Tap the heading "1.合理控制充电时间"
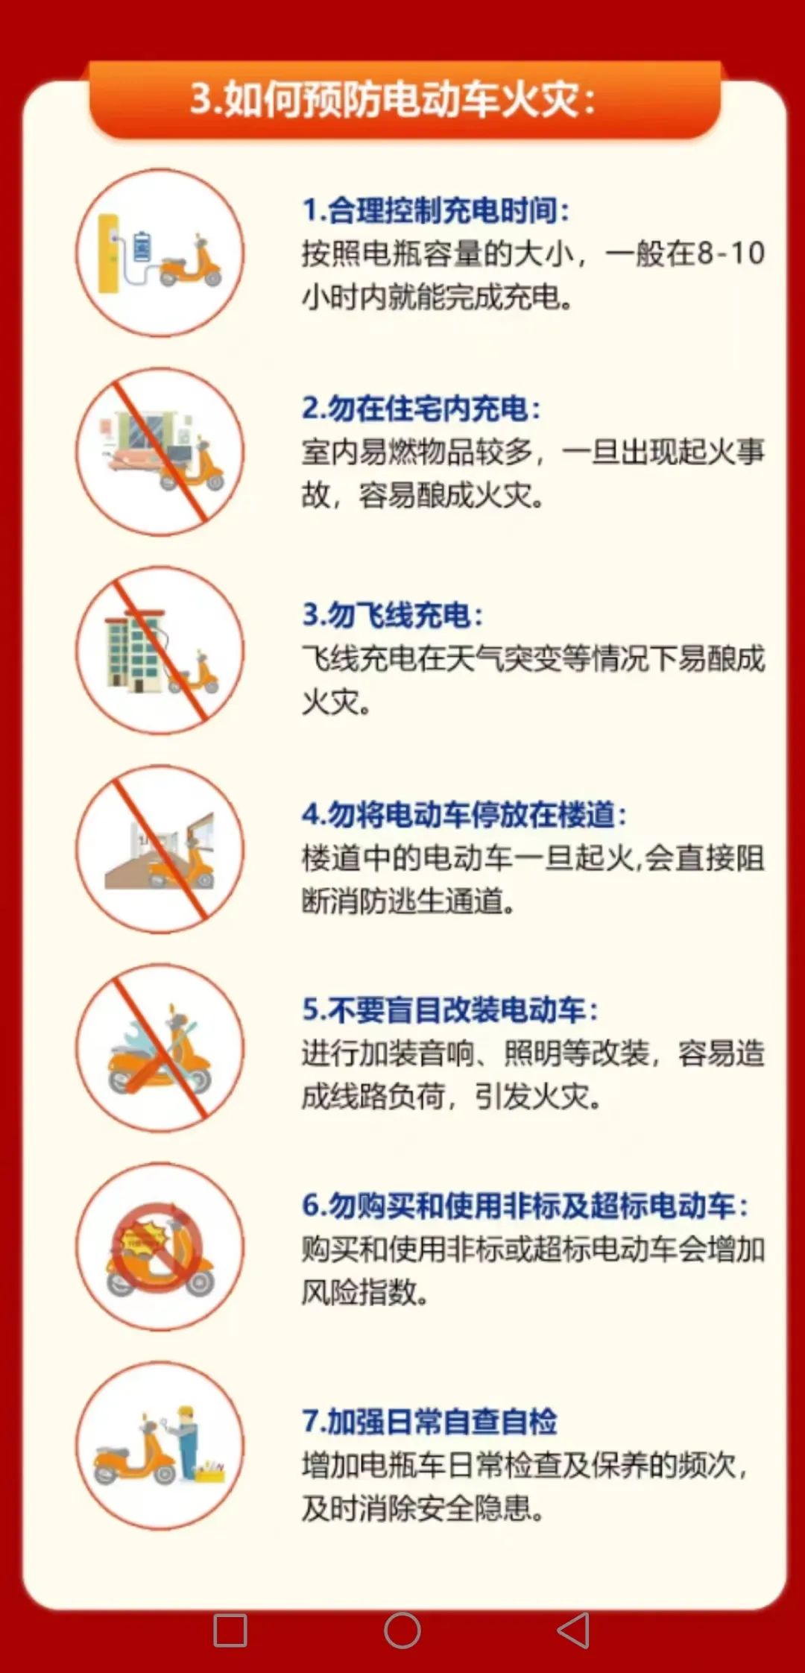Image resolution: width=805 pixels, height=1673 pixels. (436, 210)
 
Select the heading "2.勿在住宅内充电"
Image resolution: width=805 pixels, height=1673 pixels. (421, 409)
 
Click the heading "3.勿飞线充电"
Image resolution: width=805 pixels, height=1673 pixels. (392, 615)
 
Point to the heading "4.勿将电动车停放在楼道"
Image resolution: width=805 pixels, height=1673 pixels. (464, 814)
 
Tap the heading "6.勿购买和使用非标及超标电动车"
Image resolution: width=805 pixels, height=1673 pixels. (525, 1206)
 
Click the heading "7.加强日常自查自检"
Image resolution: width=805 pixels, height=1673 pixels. (429, 1421)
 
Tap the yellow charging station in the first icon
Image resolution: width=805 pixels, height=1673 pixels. (109, 253)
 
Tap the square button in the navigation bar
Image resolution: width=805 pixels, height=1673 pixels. (230, 1631)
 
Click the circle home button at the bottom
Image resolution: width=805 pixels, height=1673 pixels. (402, 1631)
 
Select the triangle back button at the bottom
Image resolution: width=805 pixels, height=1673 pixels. (574, 1631)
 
